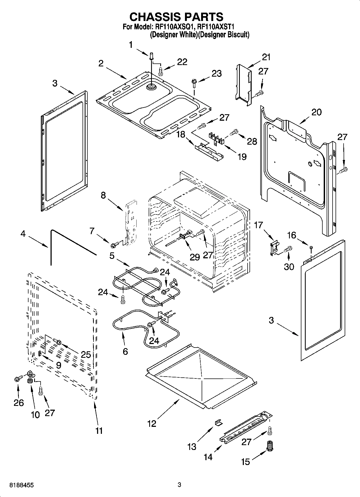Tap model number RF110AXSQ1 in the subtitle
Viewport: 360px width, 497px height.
click(174, 27)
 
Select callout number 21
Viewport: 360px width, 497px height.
click(266, 57)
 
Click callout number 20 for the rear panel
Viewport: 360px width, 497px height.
click(316, 112)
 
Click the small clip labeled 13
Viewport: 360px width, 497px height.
click(219, 423)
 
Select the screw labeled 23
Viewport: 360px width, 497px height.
click(194, 81)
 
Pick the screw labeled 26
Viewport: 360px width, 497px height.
click(18, 379)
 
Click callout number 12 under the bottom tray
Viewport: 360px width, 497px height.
click(152, 424)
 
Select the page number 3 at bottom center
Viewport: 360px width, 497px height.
click(180, 485)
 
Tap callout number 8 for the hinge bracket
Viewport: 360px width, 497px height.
click(103, 195)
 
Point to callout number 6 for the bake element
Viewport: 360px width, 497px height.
click(125, 352)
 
